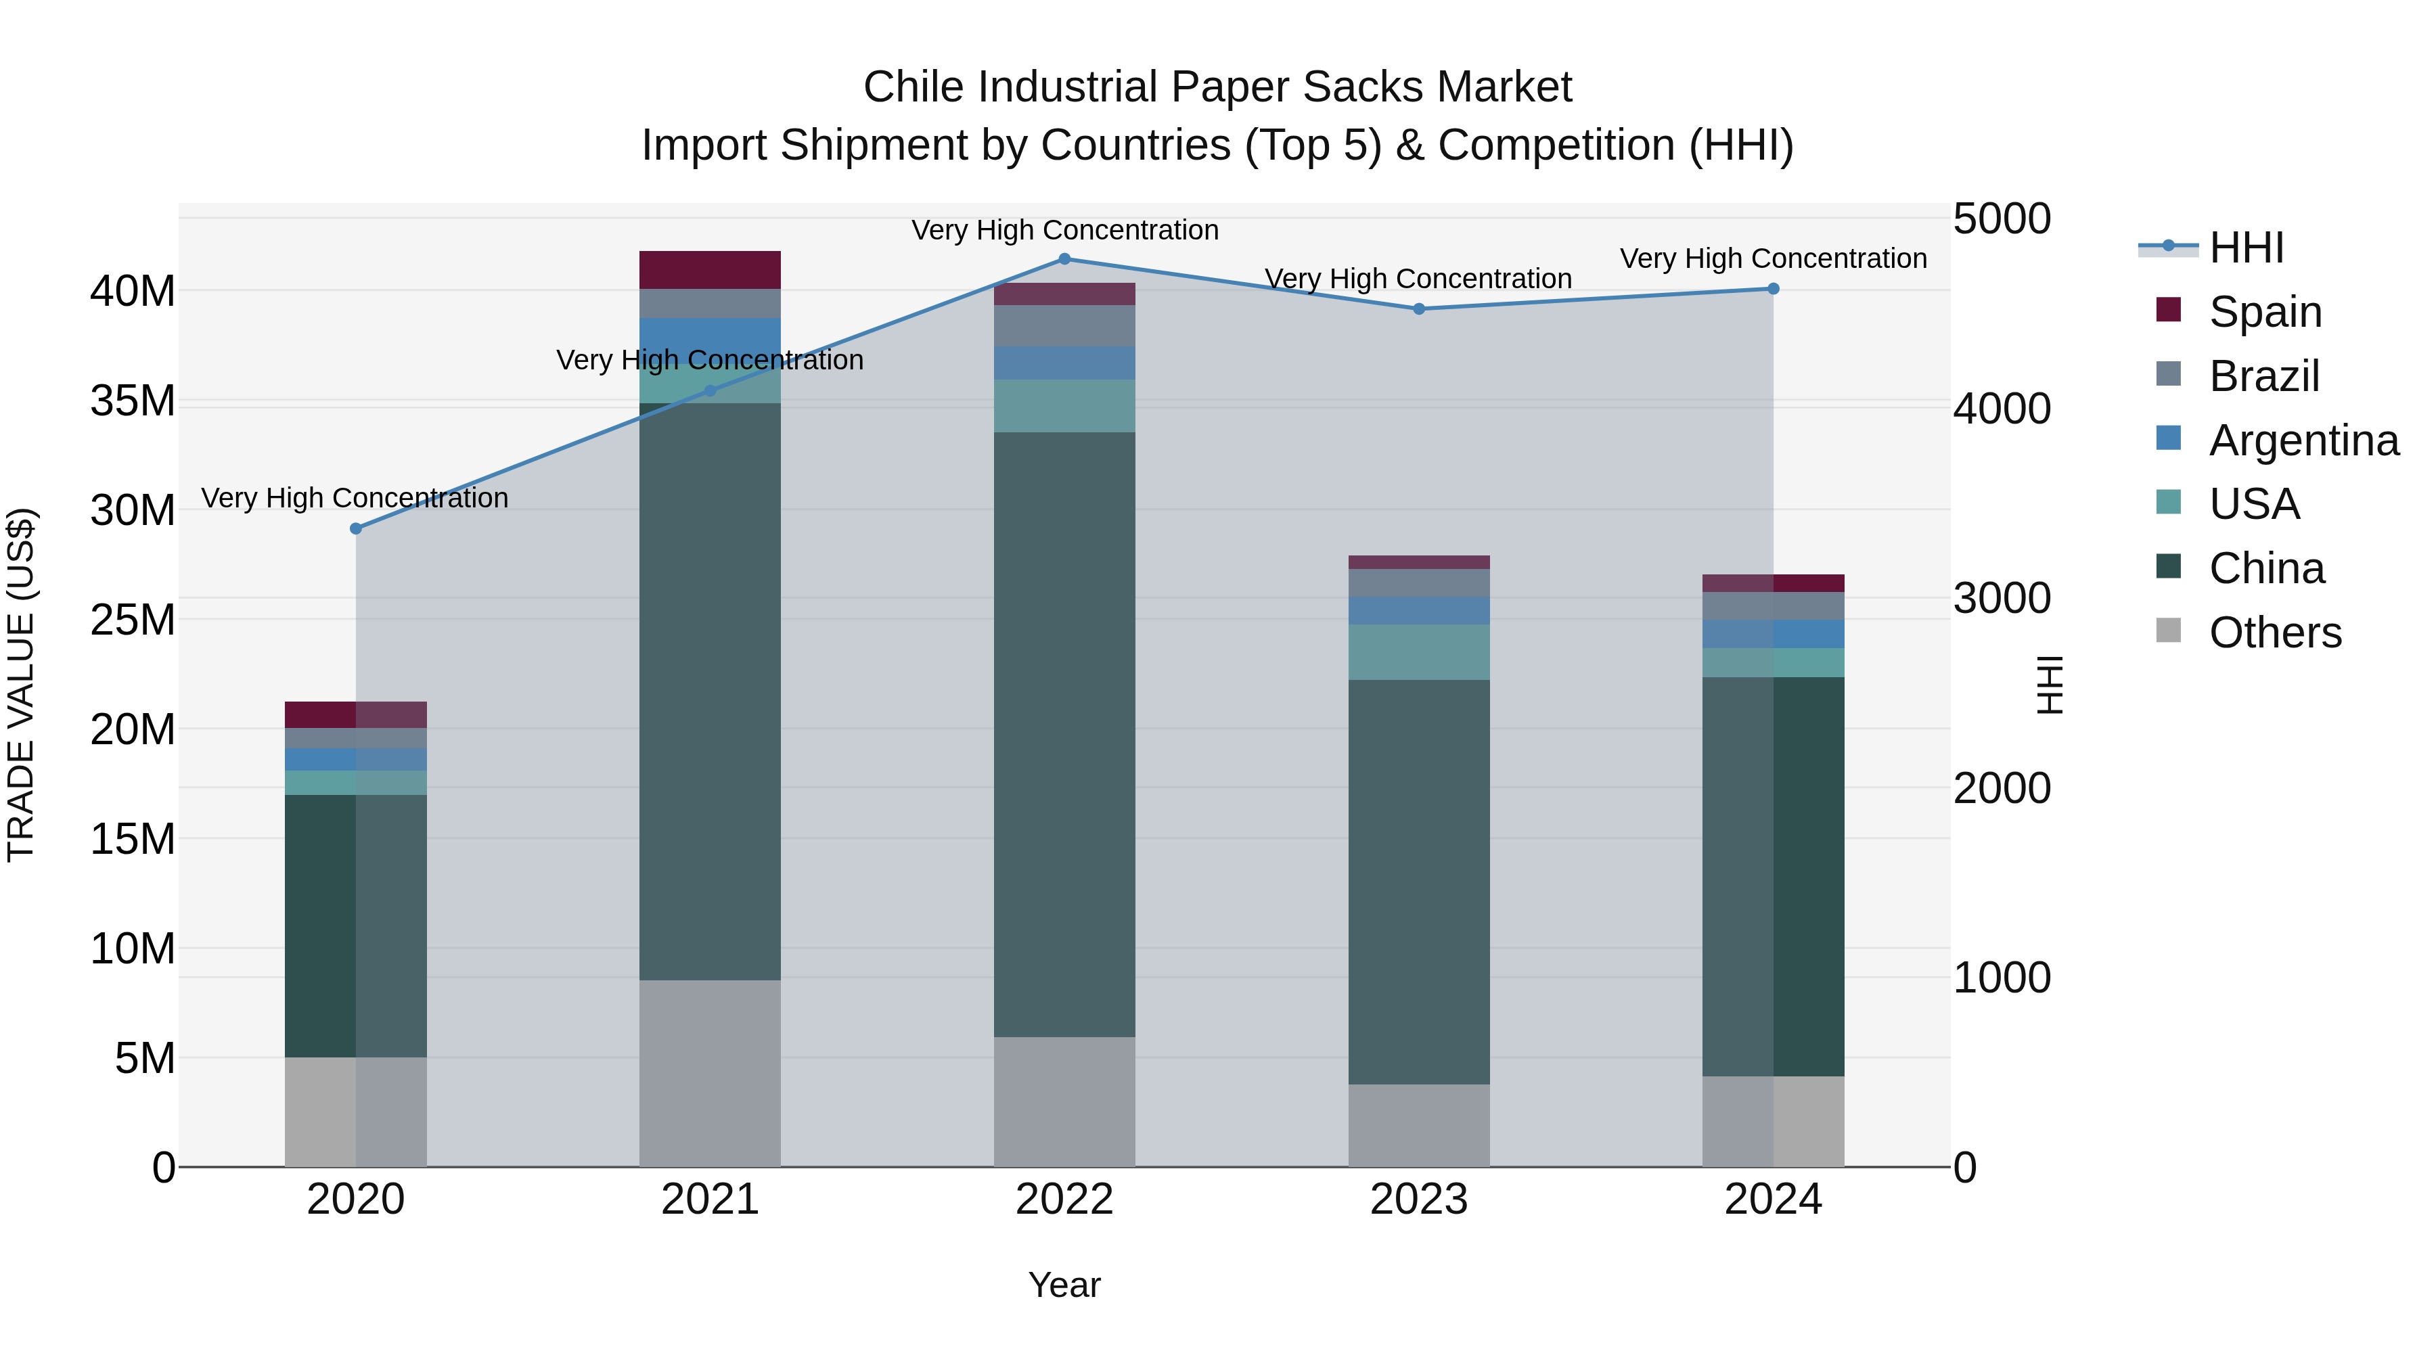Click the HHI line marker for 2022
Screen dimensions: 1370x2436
coord(1064,259)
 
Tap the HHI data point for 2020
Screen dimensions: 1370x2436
coord(355,528)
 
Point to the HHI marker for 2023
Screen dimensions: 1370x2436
coord(1418,309)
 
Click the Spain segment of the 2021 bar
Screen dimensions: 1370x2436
coord(710,269)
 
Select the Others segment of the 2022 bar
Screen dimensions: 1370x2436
coord(1064,1101)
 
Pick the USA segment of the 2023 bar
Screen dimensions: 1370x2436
coord(1418,652)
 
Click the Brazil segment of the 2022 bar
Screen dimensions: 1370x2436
coord(1064,325)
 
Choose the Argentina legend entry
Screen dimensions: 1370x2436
coord(2303,440)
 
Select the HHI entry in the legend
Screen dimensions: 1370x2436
coord(2246,248)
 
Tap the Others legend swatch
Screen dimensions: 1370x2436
coord(2169,631)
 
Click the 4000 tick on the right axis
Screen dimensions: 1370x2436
coord(2002,409)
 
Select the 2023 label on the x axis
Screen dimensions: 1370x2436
coord(1418,1200)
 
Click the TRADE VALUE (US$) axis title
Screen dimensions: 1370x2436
coord(21,685)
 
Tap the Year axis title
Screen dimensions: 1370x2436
coord(1064,1285)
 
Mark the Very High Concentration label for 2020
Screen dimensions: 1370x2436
coord(355,497)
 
